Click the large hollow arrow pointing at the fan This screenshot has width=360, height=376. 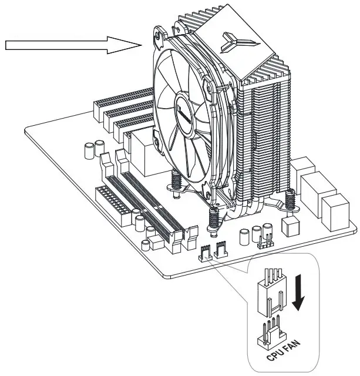tap(70, 45)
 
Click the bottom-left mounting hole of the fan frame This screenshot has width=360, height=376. tap(157, 140)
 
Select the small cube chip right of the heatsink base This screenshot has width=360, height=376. tap(288, 225)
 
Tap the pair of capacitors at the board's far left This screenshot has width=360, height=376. tap(90, 149)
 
